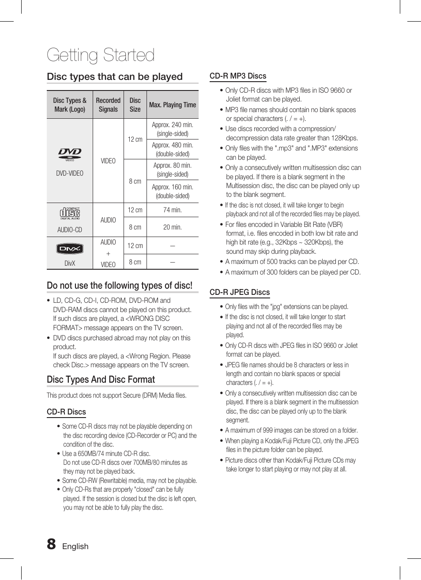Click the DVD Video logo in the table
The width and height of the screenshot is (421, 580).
(x=70, y=154)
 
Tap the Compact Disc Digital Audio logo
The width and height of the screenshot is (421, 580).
(x=70, y=213)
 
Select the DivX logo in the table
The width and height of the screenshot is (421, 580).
(x=70, y=249)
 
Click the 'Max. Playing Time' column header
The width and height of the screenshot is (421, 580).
(x=173, y=105)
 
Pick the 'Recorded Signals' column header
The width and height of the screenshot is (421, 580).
(x=108, y=105)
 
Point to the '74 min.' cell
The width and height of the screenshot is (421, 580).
(x=173, y=210)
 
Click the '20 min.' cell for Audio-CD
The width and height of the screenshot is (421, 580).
(x=173, y=227)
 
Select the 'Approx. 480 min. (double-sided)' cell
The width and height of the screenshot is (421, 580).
(x=173, y=149)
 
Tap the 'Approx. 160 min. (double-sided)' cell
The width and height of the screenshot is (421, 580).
(x=173, y=191)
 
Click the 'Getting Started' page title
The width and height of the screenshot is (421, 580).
(x=101, y=55)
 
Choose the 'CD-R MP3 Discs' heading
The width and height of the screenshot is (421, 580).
(x=238, y=76)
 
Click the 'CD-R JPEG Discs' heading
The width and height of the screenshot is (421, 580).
(x=240, y=292)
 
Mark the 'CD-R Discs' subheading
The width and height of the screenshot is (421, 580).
(x=67, y=412)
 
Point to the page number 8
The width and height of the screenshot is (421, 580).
(x=52, y=544)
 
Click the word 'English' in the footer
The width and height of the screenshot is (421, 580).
(x=75, y=546)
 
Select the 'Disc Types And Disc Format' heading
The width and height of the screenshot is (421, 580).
(x=101, y=380)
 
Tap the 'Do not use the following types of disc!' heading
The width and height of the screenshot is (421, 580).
(x=120, y=286)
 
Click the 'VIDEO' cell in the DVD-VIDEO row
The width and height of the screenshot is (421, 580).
(x=108, y=161)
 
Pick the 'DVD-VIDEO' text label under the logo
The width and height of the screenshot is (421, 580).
(x=70, y=173)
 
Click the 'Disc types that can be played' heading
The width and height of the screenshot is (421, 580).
(x=115, y=77)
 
